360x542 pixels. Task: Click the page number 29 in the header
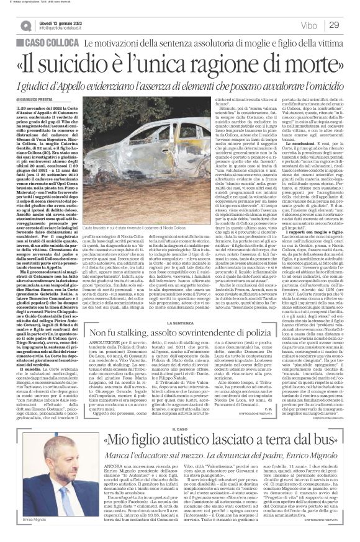(x=335, y=24)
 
